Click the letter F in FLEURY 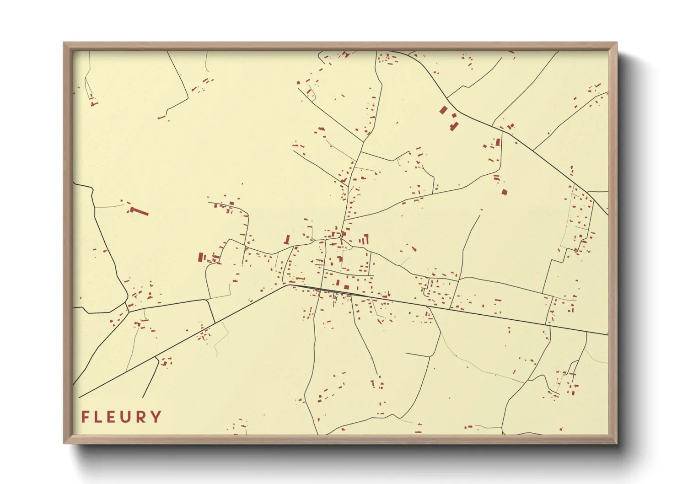85,417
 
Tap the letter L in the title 98,417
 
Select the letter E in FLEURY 113,417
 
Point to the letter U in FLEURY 127,417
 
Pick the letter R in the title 142,417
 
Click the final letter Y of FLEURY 156,417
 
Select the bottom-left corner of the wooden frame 64,442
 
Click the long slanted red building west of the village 140,212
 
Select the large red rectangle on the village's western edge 200,257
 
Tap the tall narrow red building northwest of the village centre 287,239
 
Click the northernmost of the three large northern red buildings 443,110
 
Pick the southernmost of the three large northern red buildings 453,126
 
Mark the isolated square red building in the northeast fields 505,193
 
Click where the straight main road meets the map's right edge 607,334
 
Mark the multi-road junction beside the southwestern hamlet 128,311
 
